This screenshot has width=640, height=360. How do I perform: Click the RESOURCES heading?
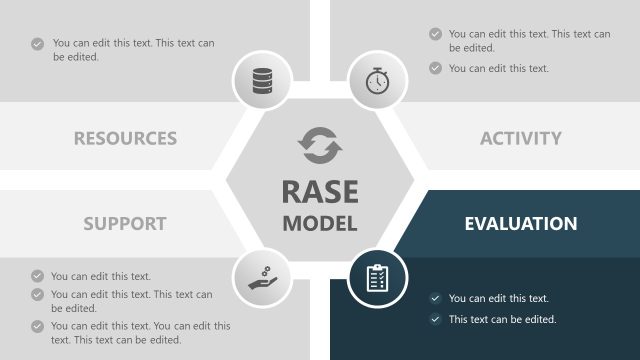[125, 138]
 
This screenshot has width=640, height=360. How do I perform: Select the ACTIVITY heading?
[520, 138]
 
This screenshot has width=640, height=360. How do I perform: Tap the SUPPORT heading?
[124, 222]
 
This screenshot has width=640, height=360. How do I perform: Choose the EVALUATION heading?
[520, 223]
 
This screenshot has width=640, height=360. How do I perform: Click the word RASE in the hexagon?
[319, 191]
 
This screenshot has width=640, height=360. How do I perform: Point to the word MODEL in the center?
[319, 223]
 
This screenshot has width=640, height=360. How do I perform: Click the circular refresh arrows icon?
[320, 146]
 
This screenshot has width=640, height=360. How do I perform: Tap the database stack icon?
[262, 80]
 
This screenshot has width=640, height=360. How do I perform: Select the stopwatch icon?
[377, 80]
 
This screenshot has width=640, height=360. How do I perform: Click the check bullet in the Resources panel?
[37, 44]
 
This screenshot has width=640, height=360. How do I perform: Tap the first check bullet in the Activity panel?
[435, 34]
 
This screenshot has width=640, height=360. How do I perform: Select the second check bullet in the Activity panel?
[435, 68]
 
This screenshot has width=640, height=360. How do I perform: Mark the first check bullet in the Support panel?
[37, 276]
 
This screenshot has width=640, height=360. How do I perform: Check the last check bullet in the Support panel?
[37, 326]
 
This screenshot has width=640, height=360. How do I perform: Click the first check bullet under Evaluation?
[435, 298]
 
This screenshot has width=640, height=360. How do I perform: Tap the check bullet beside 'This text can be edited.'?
[435, 320]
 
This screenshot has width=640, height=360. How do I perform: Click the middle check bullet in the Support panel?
[37, 295]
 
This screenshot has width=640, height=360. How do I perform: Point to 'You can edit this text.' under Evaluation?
[499, 298]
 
